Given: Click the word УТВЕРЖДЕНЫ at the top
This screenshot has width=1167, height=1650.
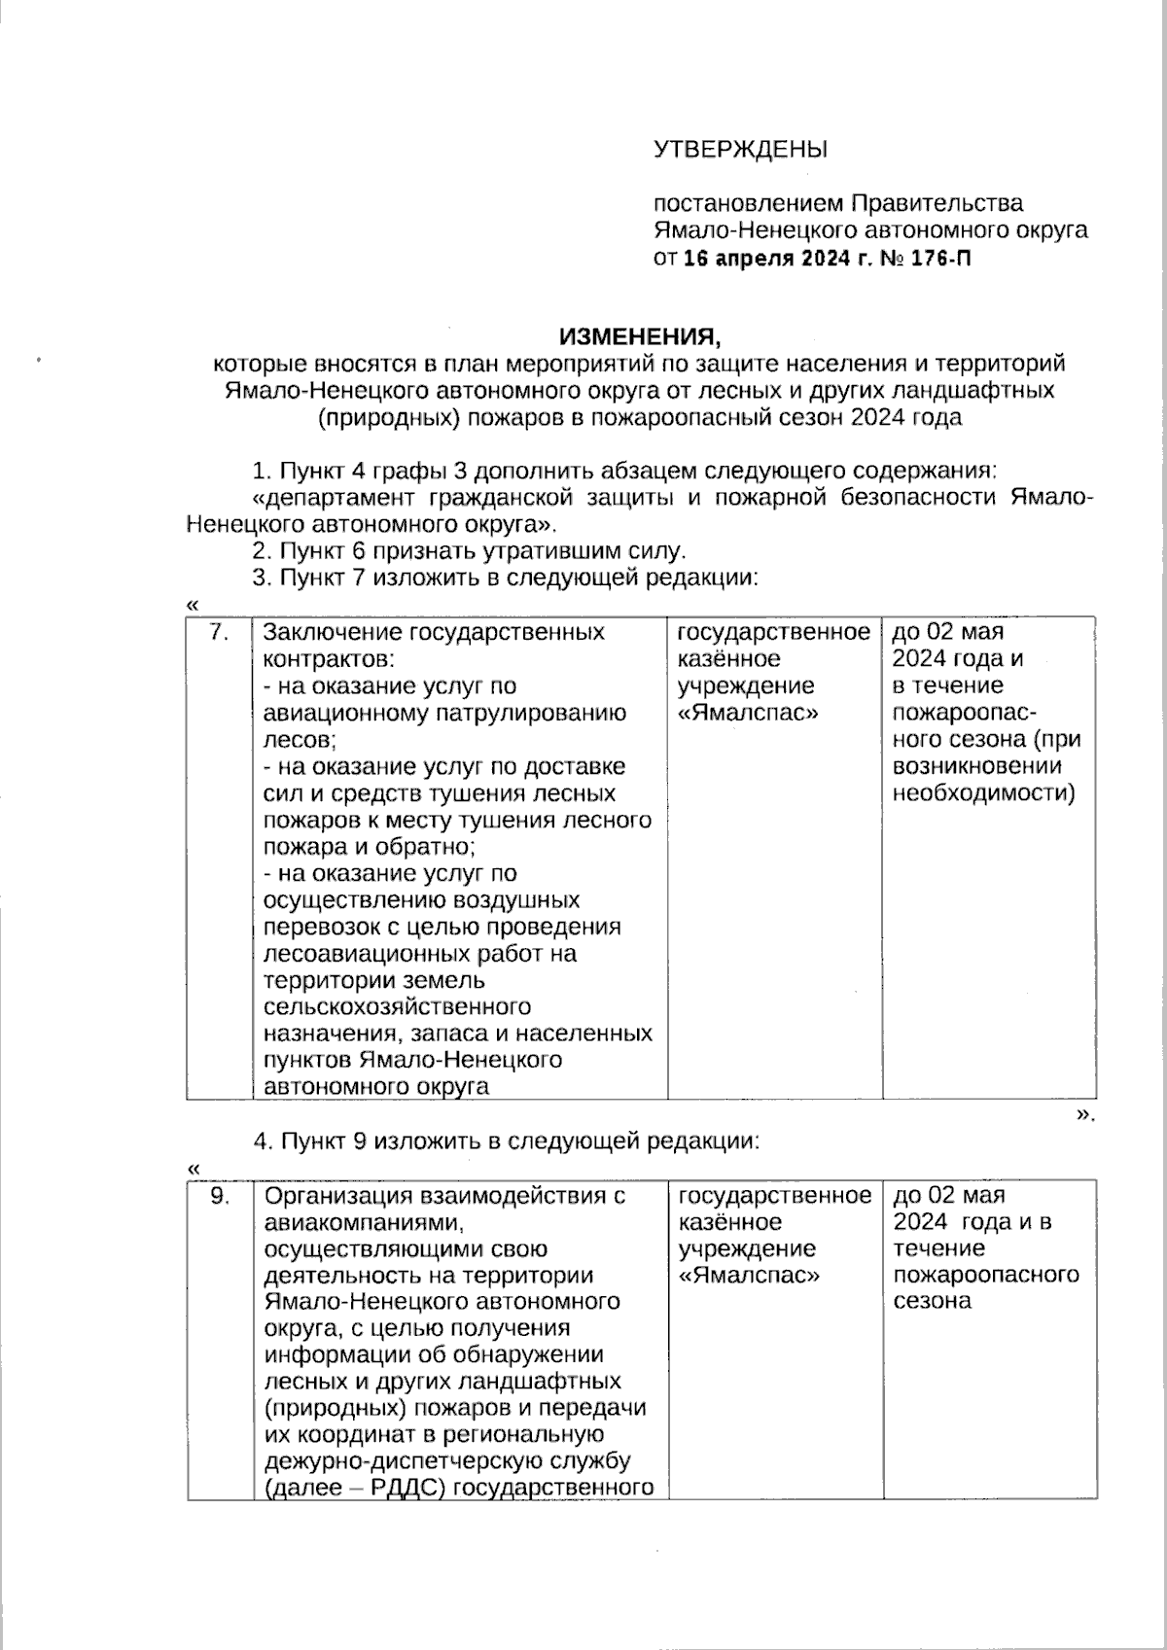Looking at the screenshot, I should pos(740,150).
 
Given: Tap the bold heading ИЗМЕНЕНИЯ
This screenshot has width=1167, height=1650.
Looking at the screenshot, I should pos(641,336).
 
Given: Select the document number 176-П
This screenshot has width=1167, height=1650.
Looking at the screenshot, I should pos(942,259).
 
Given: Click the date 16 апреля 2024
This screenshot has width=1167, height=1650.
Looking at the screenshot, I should pos(765,259).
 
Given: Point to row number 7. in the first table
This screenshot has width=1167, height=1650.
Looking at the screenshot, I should pos(220,633).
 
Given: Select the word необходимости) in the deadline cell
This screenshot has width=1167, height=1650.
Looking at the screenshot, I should pos(984,792).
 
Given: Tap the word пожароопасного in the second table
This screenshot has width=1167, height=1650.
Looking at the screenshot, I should pos(986,1275).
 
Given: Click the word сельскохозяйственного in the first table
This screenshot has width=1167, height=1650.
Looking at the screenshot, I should pos(397,1006).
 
